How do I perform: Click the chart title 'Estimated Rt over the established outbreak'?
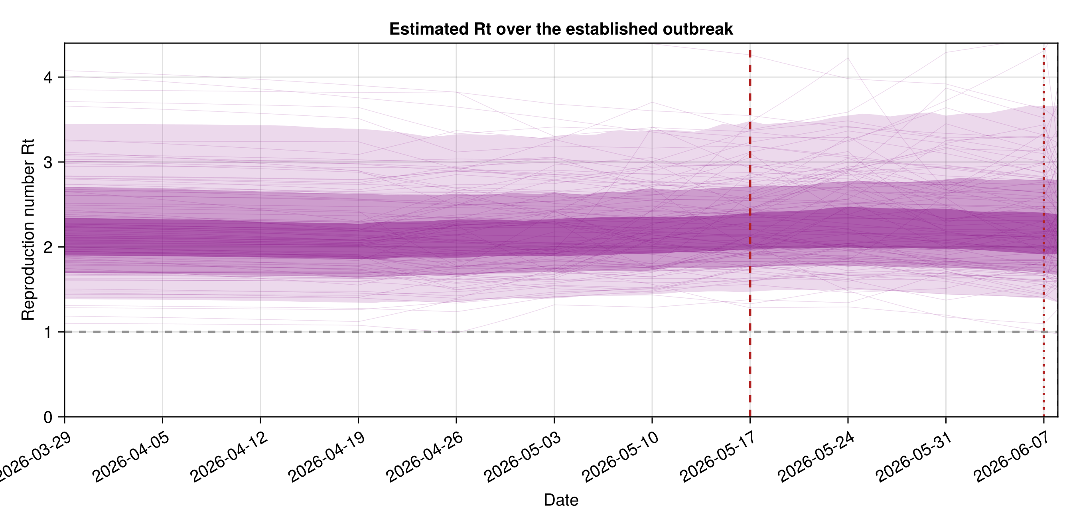tap(561, 29)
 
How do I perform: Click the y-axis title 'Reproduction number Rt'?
tap(28, 230)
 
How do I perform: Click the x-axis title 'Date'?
tap(561, 500)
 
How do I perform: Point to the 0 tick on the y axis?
tap(48, 417)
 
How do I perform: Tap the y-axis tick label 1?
tap(48, 332)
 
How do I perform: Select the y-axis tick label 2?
tap(48, 248)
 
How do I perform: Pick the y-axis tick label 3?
tap(48, 162)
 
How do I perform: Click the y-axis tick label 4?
tap(48, 77)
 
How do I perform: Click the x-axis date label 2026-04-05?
tap(131, 457)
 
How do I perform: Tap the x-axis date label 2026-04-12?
tap(229, 457)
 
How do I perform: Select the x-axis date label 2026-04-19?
tap(327, 457)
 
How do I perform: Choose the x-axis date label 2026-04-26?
tap(425, 457)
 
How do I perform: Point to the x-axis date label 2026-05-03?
tap(523, 457)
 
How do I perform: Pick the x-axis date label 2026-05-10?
tap(621, 457)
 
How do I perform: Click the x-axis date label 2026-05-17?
tap(719, 457)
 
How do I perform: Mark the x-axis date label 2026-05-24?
tap(817, 457)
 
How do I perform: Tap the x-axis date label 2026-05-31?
tap(914, 457)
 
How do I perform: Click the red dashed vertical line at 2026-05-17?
tap(750, 234)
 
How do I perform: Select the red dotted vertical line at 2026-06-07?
tap(1044, 232)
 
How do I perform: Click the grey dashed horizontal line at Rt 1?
tap(561, 332)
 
